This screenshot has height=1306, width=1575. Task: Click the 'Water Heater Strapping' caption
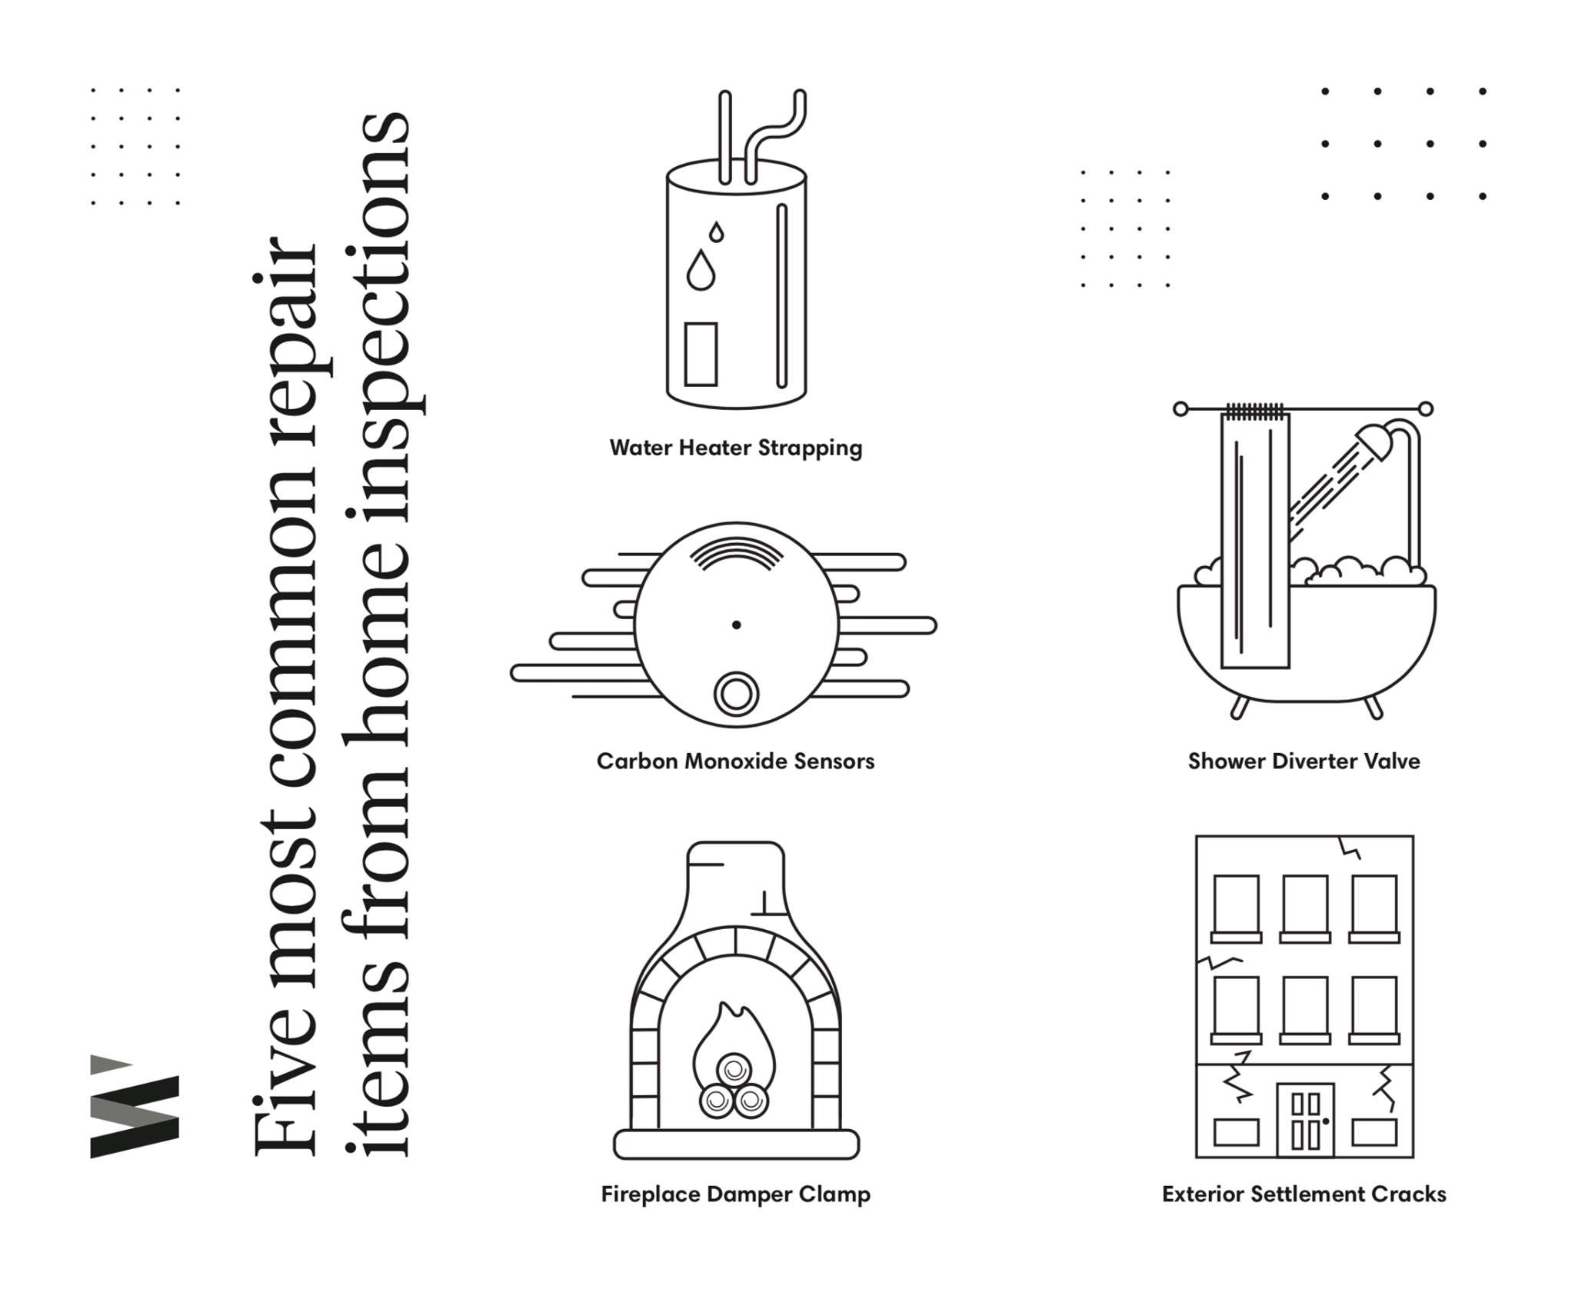pos(736,448)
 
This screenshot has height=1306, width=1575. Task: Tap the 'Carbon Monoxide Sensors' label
pos(735,761)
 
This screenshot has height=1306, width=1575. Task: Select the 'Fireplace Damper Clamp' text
pos(735,1194)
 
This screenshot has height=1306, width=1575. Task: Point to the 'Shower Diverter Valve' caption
pos(1304,761)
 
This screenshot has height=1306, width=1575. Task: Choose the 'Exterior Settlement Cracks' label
pos(1304,1194)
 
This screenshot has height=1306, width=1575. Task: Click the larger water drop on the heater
pos(700,271)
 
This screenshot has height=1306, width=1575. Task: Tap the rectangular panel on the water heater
pos(701,354)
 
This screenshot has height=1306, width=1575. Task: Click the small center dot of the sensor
pos(736,625)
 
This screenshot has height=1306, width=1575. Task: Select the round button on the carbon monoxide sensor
pos(736,694)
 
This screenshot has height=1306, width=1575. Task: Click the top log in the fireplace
pos(734,1070)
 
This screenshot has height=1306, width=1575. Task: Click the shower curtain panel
pos(1254,538)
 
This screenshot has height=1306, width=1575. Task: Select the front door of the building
pos(1305,1120)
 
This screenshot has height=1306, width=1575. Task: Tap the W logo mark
pos(135,1107)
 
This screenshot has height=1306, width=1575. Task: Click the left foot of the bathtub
pos(1238,707)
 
